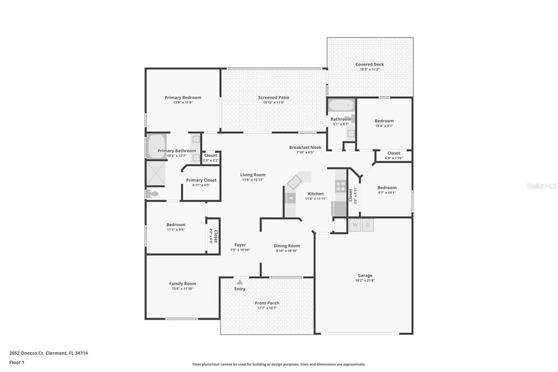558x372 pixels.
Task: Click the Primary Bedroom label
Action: (x=183, y=98)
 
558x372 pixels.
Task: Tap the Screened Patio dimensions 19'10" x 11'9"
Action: (x=274, y=103)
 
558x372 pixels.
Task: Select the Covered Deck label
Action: (x=369, y=64)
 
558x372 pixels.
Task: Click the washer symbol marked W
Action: (x=355, y=225)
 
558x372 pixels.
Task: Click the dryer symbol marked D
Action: (x=368, y=225)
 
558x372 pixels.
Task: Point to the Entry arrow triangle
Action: (x=239, y=282)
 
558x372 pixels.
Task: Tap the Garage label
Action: (x=365, y=275)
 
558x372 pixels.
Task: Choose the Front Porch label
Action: (x=266, y=303)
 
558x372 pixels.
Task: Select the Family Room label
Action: (x=182, y=284)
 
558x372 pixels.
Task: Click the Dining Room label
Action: (x=287, y=246)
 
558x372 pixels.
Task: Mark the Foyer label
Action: (x=240, y=245)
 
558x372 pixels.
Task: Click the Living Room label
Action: (x=253, y=175)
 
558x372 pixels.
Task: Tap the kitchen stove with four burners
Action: (x=341, y=186)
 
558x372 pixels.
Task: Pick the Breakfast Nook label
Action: (x=305, y=147)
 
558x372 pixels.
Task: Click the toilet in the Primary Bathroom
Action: (x=152, y=194)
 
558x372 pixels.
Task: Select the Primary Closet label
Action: (x=201, y=180)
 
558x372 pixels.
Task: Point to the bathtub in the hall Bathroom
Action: (x=342, y=105)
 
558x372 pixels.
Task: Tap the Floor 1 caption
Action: (x=17, y=362)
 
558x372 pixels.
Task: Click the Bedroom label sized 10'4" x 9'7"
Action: (x=384, y=121)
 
